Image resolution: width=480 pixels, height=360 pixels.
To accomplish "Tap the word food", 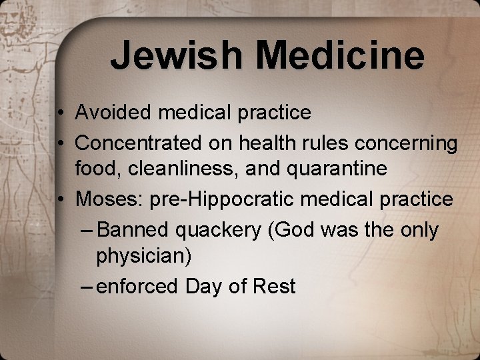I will coord(95,169).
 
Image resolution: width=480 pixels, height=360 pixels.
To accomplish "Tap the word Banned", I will coord(133,230).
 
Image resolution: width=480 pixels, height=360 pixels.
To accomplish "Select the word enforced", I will coord(139,287).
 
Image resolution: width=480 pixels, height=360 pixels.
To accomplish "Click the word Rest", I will coord(275,287).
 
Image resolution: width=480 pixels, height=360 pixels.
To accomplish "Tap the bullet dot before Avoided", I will coord(60,113).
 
